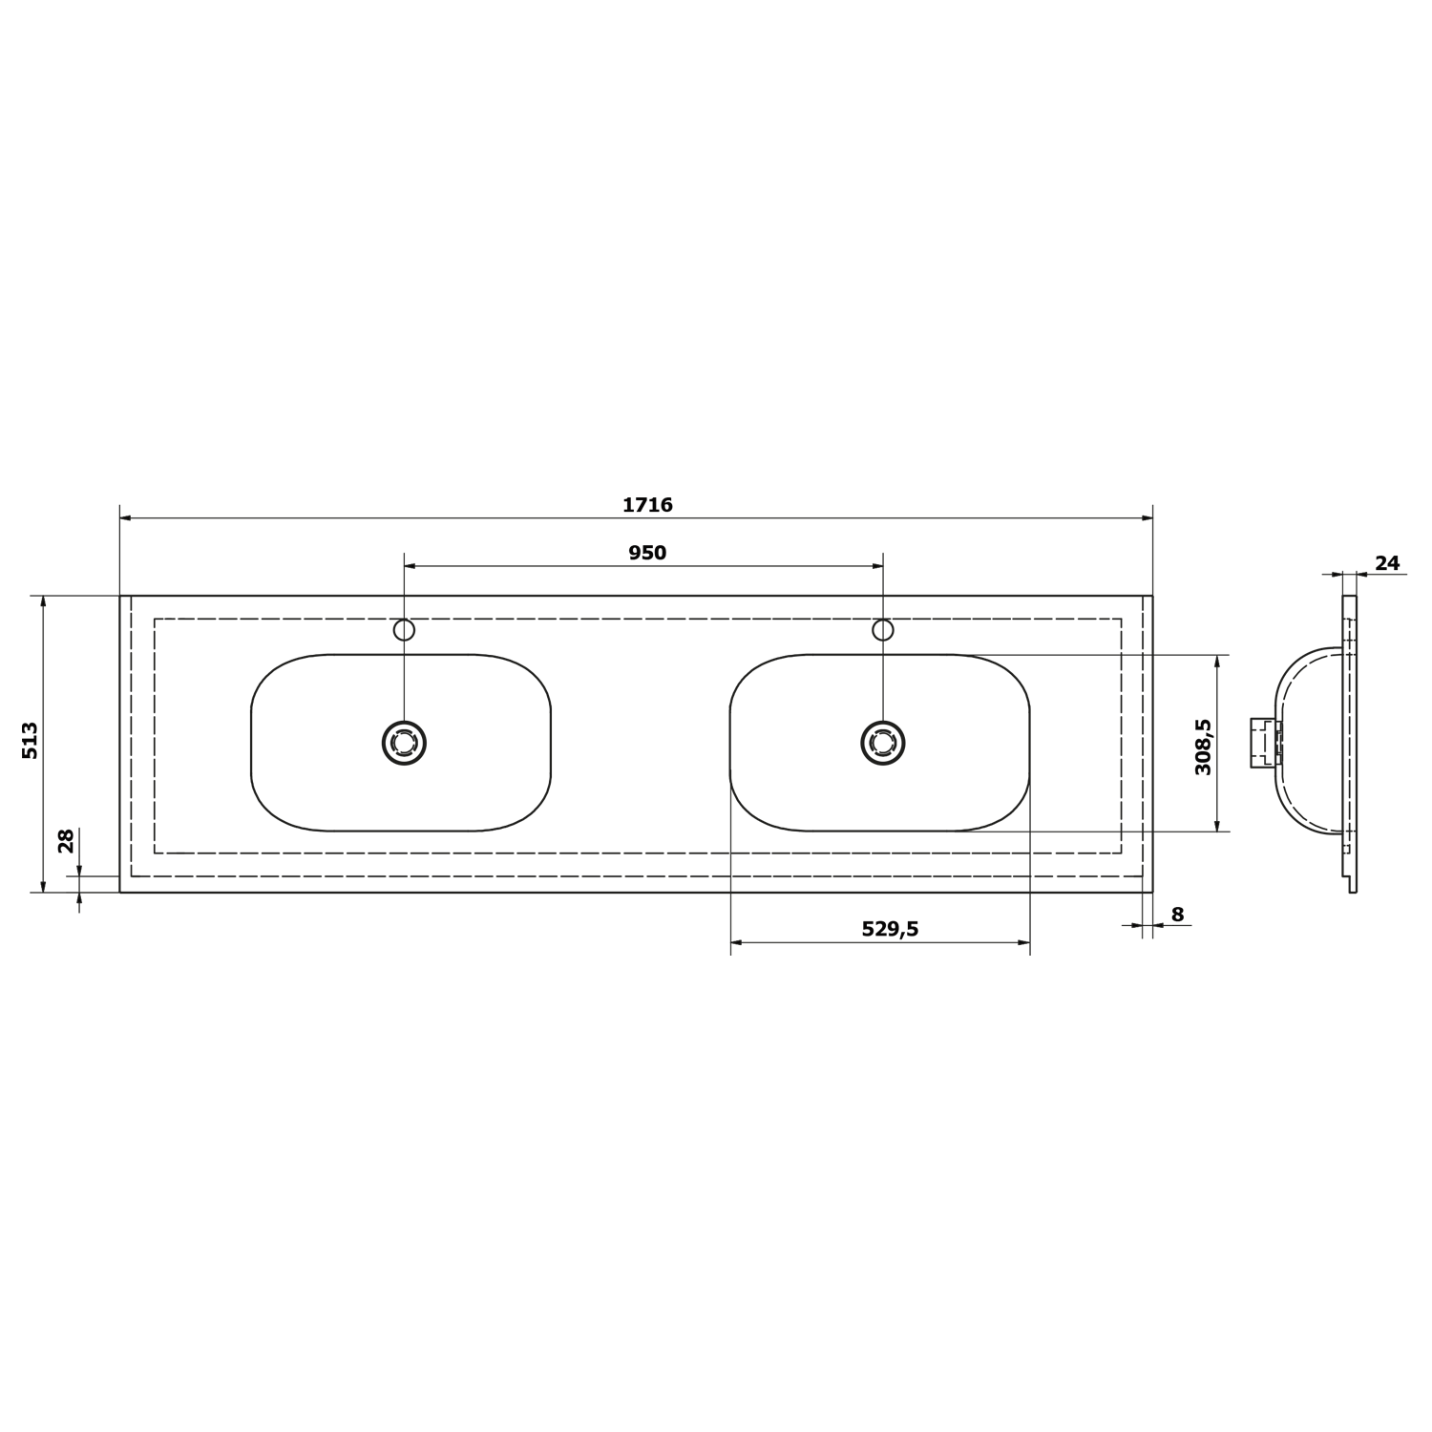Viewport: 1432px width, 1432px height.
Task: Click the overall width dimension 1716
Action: click(x=647, y=505)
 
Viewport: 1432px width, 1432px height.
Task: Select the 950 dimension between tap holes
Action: click(x=647, y=553)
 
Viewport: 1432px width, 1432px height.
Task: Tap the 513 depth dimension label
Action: click(x=31, y=740)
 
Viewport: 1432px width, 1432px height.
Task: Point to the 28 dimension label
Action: click(x=66, y=840)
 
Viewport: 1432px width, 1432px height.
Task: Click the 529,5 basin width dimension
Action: click(x=890, y=929)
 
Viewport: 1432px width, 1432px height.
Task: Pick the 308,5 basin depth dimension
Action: click(x=1203, y=747)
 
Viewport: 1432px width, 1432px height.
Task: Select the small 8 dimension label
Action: click(x=1177, y=915)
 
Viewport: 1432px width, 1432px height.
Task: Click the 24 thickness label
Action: click(x=1387, y=563)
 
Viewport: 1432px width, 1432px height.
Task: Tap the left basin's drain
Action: click(x=404, y=743)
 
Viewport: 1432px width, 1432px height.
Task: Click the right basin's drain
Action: click(x=883, y=743)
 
